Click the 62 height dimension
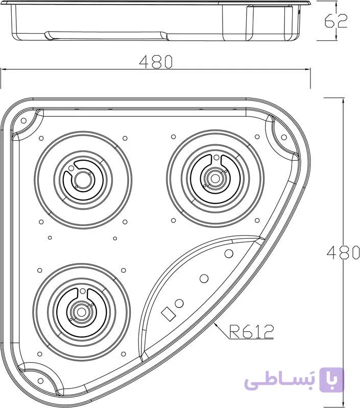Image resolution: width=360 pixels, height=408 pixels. [336, 21]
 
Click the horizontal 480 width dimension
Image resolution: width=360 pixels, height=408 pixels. [156, 62]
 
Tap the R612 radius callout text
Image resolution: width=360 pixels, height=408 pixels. [251, 331]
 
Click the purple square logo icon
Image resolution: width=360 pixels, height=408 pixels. [331, 379]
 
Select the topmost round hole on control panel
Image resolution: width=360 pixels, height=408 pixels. [229, 253]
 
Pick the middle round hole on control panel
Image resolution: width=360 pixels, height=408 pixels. [204, 278]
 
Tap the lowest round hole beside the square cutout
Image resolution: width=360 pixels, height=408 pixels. [179, 303]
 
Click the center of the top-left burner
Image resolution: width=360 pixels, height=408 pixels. [83, 180]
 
